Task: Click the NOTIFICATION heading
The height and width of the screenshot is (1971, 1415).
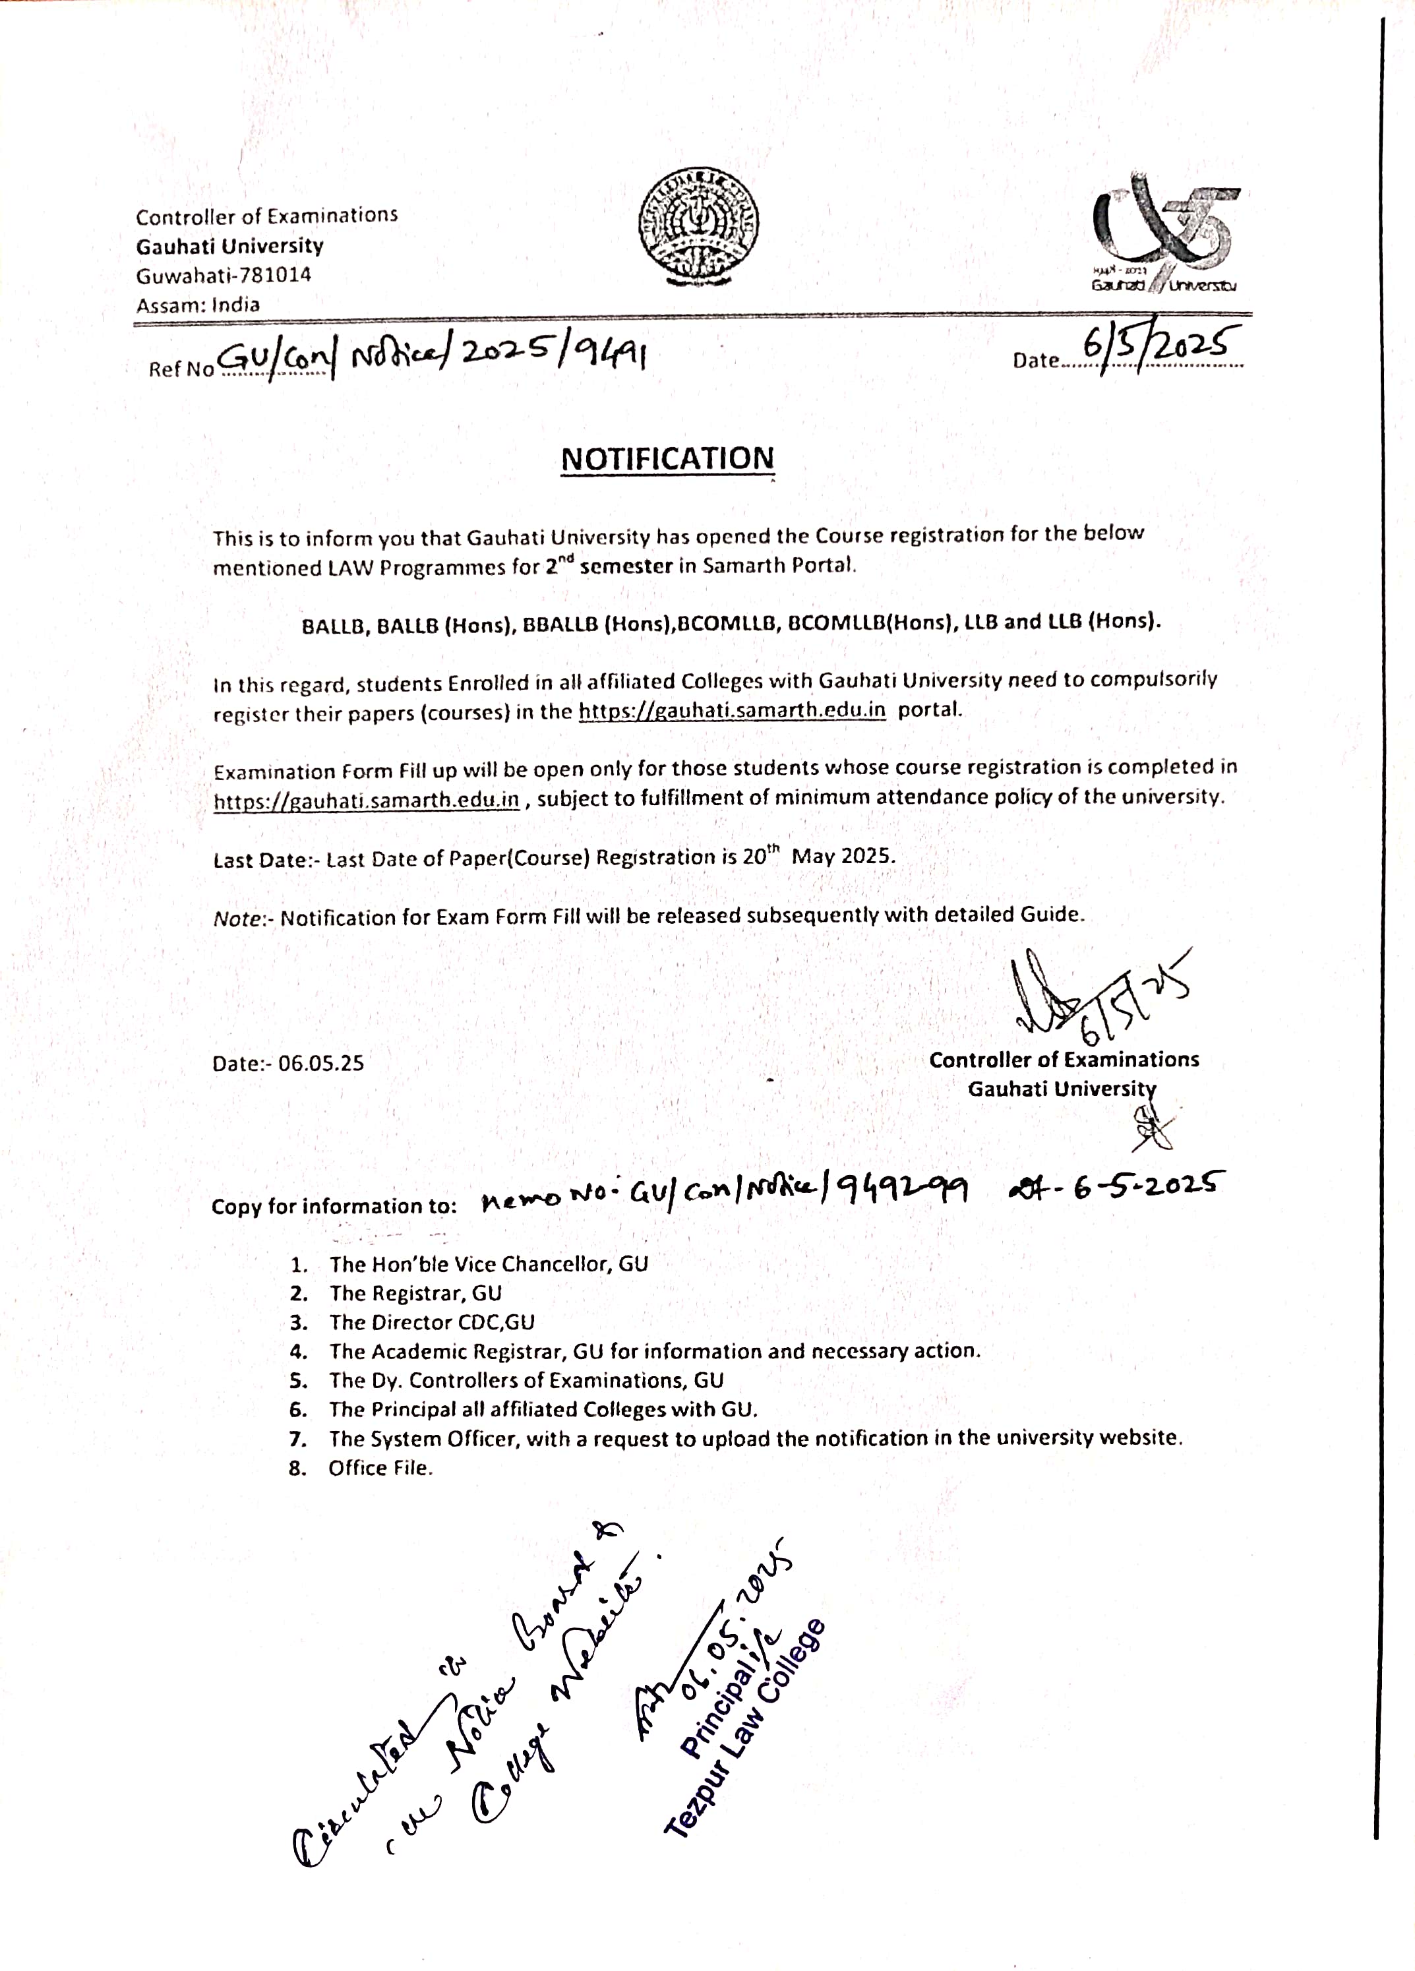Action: [x=667, y=459]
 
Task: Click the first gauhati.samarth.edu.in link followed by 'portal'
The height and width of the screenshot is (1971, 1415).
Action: [x=732, y=710]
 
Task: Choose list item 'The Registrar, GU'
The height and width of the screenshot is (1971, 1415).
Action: [x=415, y=1293]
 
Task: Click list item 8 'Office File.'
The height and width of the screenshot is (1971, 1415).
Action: [x=380, y=1468]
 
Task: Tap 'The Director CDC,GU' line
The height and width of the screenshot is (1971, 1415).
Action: [x=431, y=1322]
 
